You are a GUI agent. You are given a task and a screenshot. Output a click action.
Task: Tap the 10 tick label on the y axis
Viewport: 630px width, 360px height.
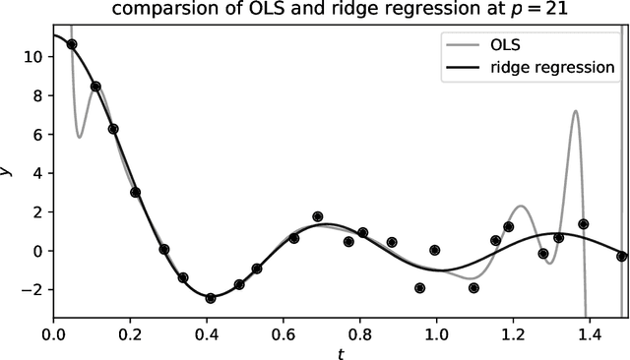coord(32,57)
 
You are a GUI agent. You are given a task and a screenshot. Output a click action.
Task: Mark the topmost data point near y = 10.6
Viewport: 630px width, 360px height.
coord(71,44)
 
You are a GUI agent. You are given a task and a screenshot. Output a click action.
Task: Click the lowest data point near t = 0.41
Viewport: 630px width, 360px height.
coord(210,298)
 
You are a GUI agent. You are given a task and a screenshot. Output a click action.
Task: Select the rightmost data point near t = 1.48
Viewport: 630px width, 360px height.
coord(621,256)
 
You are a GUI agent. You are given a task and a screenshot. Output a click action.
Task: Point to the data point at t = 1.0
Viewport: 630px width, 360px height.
coord(435,250)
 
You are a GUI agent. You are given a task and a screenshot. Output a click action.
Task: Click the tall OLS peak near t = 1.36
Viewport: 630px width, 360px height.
coord(574,111)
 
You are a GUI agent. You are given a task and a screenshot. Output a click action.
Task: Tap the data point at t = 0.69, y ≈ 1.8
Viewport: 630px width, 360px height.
coord(317,216)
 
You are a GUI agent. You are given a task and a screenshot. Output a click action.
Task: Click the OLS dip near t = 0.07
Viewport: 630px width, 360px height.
coord(80,137)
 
